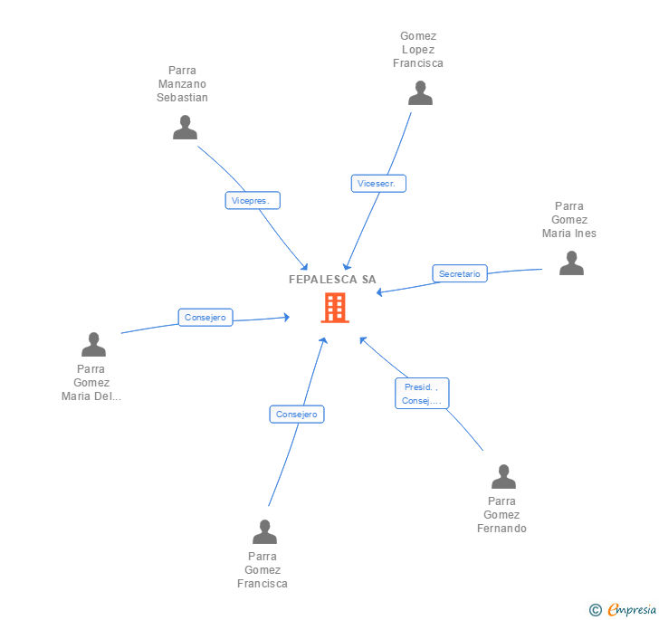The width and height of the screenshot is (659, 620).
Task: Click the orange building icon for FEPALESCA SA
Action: pyautogui.click(x=334, y=308)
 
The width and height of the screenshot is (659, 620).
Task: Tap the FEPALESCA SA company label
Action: pyautogui.click(x=332, y=280)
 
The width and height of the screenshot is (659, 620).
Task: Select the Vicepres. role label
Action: pyautogui.click(x=253, y=200)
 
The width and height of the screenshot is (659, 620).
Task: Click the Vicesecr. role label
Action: pyautogui.click(x=378, y=184)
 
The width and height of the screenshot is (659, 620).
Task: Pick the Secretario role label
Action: pyautogui.click(x=460, y=273)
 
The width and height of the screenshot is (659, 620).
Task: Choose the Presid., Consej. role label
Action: pyautogui.click(x=422, y=394)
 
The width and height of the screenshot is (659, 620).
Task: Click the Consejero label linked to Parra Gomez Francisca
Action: pyautogui.click(x=297, y=414)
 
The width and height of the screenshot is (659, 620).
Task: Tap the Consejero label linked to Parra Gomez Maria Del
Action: pyautogui.click(x=205, y=317)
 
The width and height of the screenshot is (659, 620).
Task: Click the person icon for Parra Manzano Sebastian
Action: pyautogui.click(x=185, y=128)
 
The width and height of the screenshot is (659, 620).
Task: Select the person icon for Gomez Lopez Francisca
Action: pyautogui.click(x=420, y=93)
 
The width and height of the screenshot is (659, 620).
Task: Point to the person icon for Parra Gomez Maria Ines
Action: pyautogui.click(x=571, y=263)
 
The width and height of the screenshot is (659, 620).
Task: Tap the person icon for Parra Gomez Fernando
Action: pyautogui.click(x=503, y=477)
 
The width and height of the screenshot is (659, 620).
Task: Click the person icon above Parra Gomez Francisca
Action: pyautogui.click(x=264, y=532)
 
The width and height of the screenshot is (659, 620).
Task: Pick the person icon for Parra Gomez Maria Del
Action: pyautogui.click(x=93, y=345)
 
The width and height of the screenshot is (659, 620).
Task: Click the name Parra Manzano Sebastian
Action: pyautogui.click(x=182, y=84)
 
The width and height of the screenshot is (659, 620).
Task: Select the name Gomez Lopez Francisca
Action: pyautogui.click(x=418, y=50)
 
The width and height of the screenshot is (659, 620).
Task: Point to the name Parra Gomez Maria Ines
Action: pyautogui.click(x=569, y=220)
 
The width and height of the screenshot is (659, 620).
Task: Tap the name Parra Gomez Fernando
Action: pyautogui.click(x=501, y=515)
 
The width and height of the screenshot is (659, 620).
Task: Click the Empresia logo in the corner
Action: pyautogui.click(x=632, y=610)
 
